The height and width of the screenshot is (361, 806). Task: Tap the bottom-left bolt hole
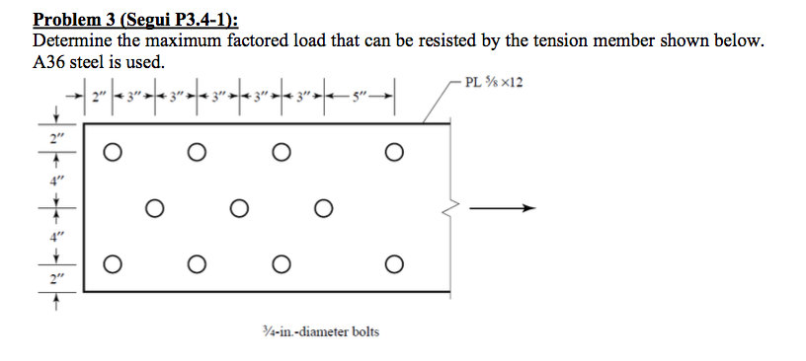click(113, 264)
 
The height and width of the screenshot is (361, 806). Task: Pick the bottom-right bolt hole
click(394, 264)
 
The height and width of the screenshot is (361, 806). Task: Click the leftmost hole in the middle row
click(154, 208)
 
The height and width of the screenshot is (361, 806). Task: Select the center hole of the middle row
click(238, 208)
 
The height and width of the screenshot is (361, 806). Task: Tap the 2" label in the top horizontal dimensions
click(97, 97)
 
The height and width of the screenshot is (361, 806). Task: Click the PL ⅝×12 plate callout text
click(493, 81)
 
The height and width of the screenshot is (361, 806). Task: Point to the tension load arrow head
click(529, 208)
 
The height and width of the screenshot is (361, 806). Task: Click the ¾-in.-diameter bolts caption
click(328, 331)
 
